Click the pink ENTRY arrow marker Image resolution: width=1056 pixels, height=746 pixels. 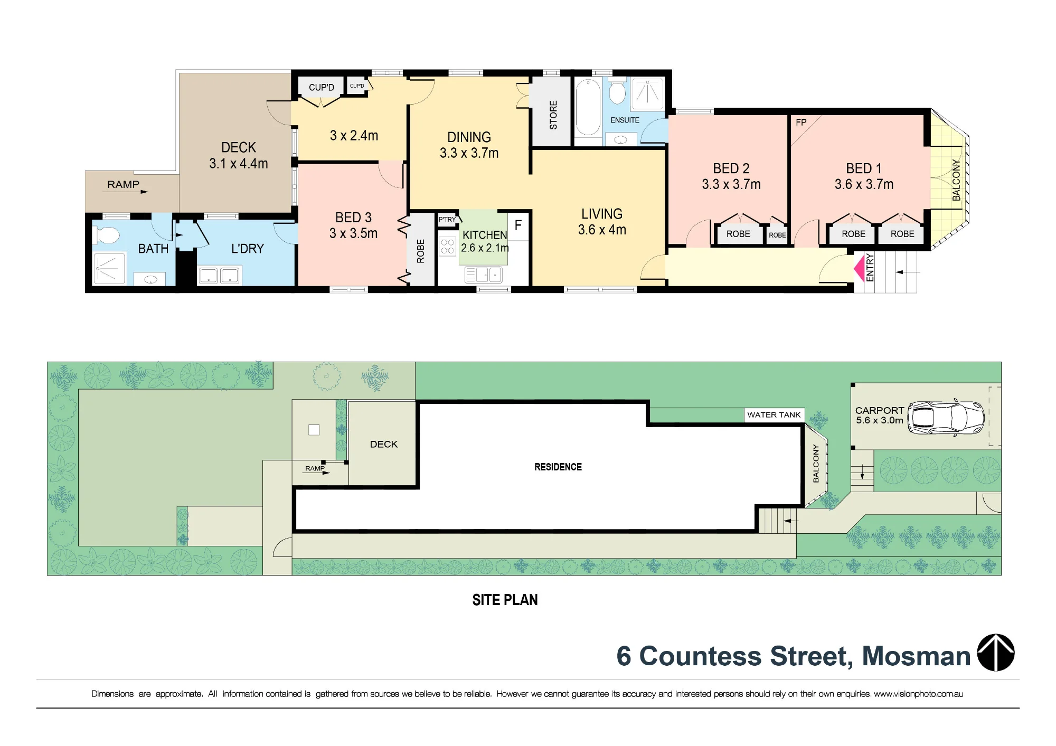(859, 268)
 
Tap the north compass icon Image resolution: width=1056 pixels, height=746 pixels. (996, 653)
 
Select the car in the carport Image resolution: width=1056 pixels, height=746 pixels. (946, 418)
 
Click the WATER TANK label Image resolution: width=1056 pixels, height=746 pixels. (774, 415)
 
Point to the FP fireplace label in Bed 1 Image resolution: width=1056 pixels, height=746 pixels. (801, 122)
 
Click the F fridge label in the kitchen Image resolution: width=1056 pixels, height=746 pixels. (518, 225)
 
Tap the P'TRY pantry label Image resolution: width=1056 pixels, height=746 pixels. (447, 220)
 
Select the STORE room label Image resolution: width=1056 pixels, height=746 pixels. (553, 115)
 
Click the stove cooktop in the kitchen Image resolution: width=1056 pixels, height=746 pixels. (448, 247)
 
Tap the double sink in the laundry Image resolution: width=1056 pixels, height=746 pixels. (219, 276)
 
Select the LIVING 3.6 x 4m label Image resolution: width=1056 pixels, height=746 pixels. (602, 222)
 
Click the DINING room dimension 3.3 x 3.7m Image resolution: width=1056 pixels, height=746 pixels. (469, 153)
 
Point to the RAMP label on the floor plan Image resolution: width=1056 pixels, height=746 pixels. (124, 184)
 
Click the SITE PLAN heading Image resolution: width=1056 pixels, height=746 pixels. (505, 600)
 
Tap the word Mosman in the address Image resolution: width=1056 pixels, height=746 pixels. (916, 656)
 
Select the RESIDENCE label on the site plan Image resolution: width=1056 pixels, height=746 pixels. (558, 467)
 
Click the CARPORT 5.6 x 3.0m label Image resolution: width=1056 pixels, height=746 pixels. (880, 415)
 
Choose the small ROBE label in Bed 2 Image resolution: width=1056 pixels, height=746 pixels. (777, 235)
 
